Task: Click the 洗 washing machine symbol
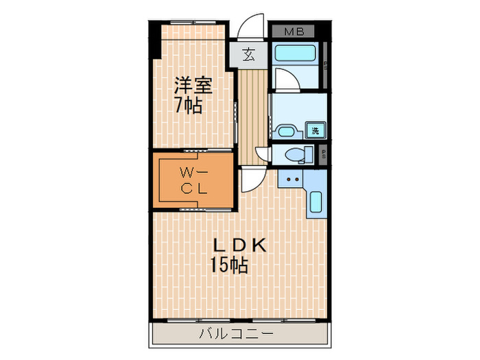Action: click(x=315, y=131)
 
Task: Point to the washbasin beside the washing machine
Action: click(x=285, y=132)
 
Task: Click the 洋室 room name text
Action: click(x=193, y=86)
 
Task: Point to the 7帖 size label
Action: click(x=188, y=106)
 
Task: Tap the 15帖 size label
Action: click(x=229, y=265)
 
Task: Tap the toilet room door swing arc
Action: click(x=263, y=154)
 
